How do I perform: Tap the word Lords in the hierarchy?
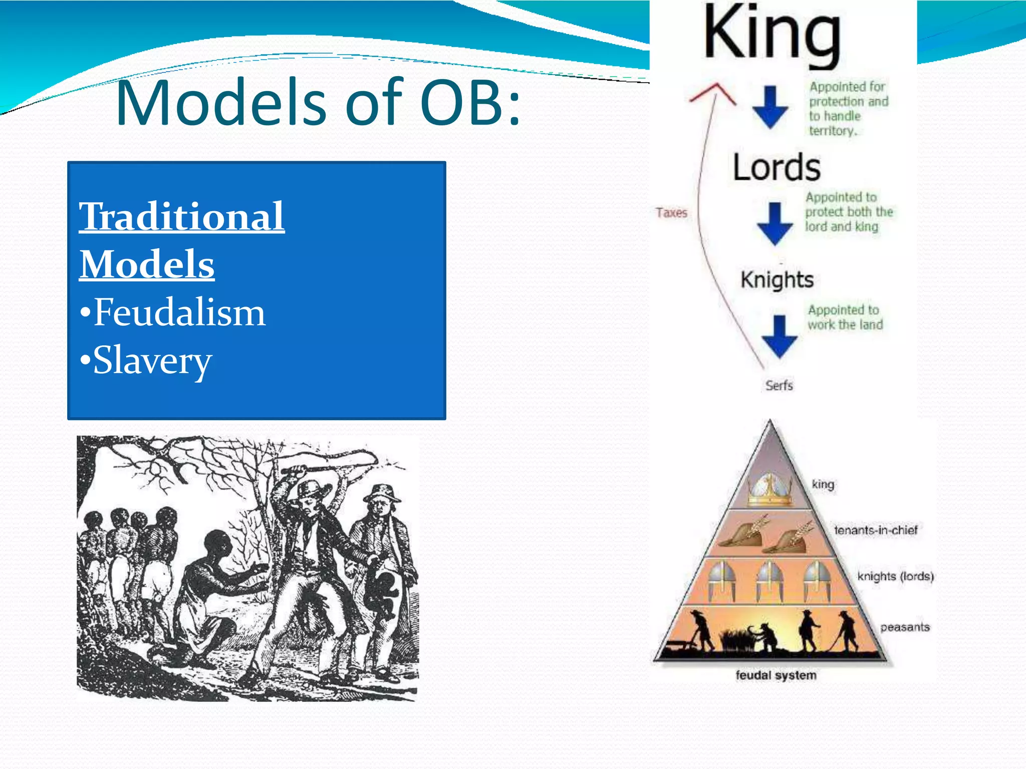coord(777,167)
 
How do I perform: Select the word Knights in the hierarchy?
coord(777,280)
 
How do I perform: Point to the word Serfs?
coord(779,386)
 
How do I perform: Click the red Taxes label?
coord(671,213)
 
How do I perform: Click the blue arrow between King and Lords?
coord(770,107)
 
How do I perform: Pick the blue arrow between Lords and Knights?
coord(775,223)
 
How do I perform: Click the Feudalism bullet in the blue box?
coord(173,312)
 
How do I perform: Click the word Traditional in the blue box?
coord(182,216)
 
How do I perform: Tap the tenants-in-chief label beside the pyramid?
coord(875,530)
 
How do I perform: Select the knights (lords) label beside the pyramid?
coord(895,576)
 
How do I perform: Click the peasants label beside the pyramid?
coord(905,627)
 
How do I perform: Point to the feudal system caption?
coord(776,675)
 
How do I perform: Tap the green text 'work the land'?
coord(845,324)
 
